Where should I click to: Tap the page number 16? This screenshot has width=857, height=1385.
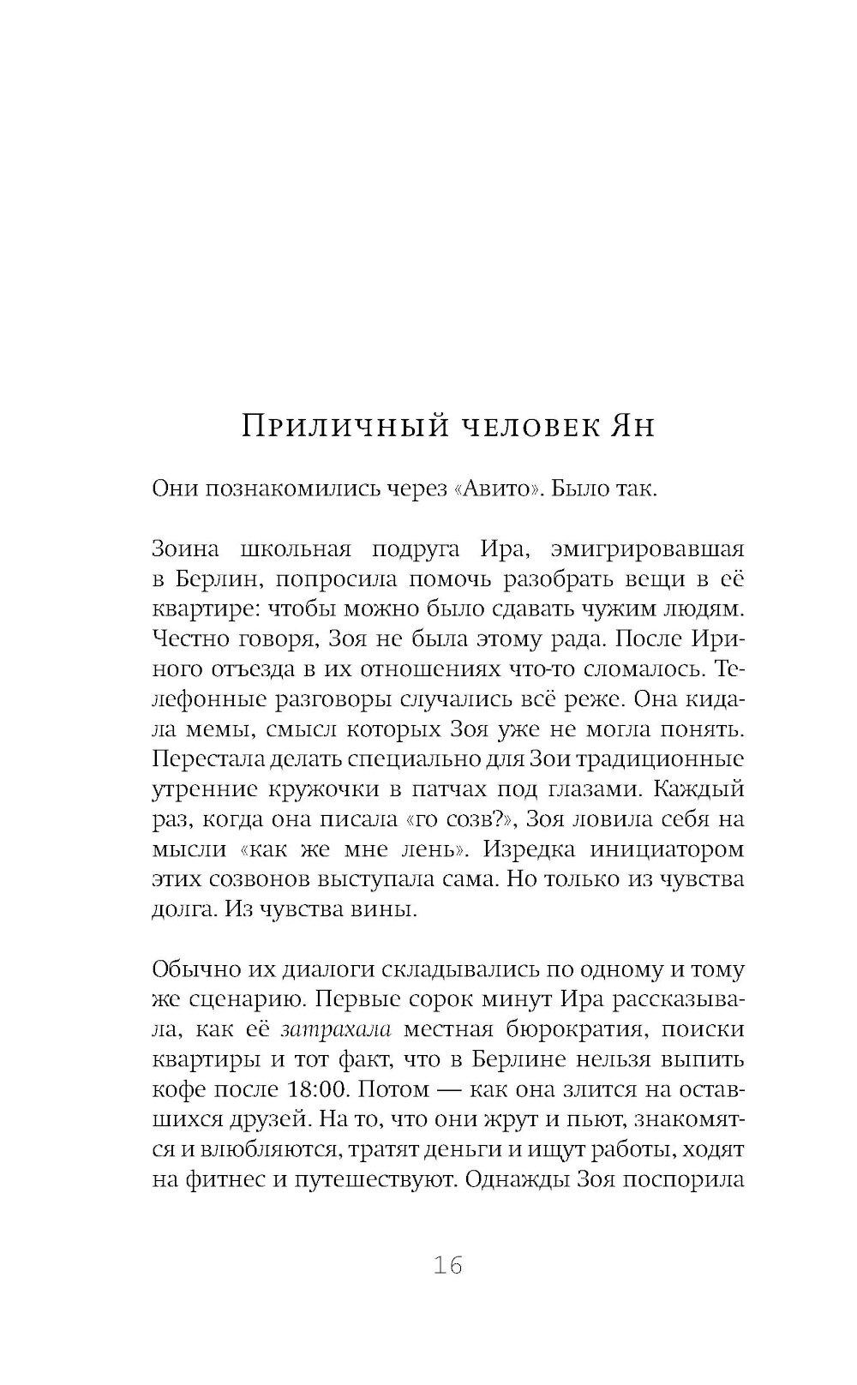coord(447,1265)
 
